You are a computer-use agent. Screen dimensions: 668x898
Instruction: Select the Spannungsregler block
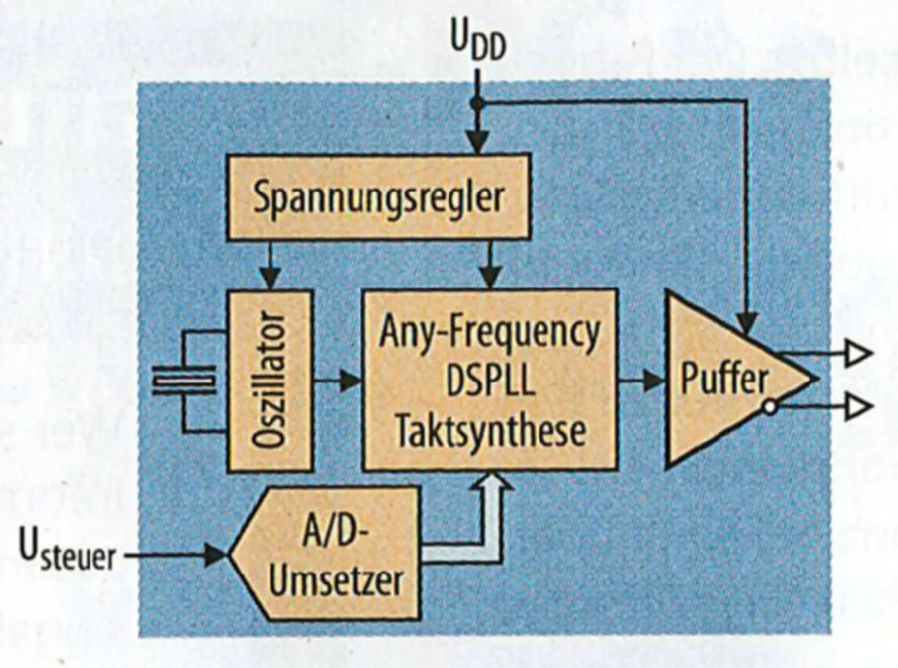377,198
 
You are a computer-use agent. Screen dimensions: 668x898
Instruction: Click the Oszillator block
269,380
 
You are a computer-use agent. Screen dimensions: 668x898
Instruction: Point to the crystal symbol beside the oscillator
184,381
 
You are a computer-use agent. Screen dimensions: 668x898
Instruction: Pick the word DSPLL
489,382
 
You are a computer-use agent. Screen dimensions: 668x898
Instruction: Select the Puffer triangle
723,380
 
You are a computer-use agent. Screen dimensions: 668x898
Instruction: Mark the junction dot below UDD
477,103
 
